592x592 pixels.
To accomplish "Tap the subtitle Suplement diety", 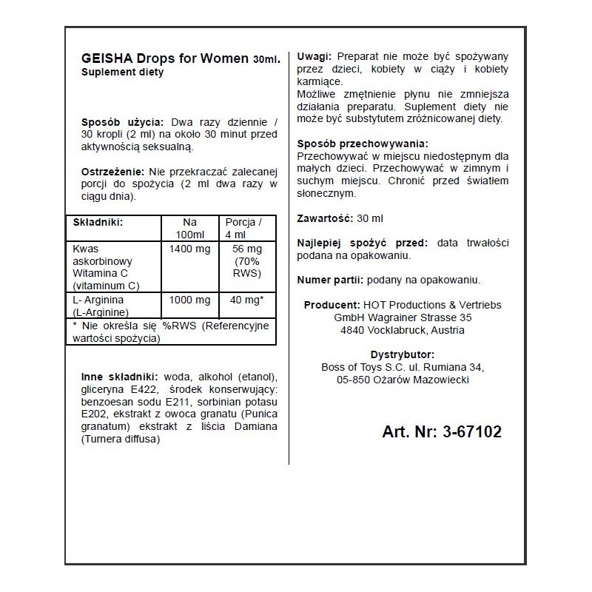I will pos(122,73).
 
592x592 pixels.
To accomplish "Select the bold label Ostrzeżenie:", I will pos(114,172).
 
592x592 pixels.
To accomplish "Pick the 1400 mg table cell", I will pos(190,249).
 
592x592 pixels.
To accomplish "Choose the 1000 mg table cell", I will pos(190,302).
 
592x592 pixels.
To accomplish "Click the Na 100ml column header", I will pos(190,229).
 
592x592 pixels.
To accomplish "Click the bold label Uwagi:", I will pos(314,57).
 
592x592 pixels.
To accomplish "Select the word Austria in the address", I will pos(447,330).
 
